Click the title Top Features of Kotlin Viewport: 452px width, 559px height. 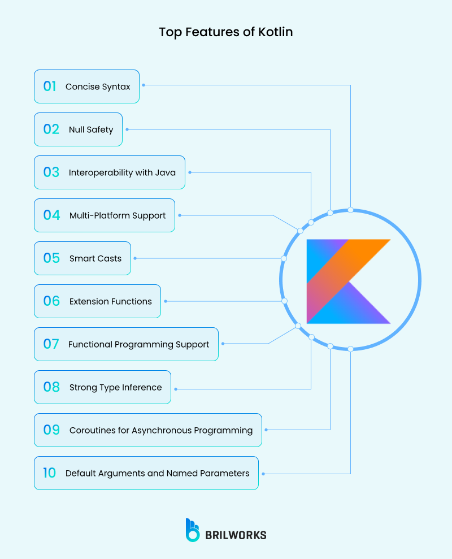226,32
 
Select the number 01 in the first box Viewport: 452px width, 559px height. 50,86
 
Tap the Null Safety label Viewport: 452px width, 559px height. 91,129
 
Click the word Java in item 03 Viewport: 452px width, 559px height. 165,172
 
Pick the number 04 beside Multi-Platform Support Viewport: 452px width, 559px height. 51,215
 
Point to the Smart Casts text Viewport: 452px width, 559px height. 95,258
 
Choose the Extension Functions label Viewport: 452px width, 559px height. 111,301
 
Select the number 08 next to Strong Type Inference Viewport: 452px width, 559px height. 51,387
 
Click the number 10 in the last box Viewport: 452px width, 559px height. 50,473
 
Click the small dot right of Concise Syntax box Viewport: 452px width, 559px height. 144,85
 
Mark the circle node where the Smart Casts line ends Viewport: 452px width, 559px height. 284,258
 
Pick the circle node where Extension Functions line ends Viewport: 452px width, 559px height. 284,301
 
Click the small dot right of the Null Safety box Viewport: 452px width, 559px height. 127,129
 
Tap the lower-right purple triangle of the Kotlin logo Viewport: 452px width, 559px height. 367,308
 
